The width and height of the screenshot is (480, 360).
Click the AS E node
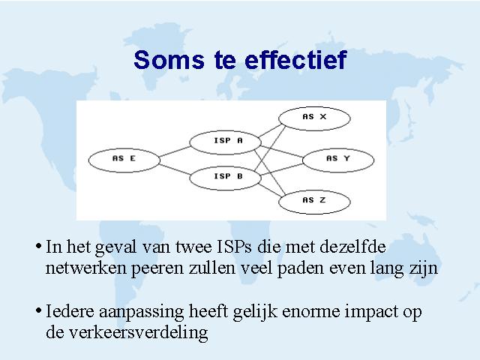tap(124, 160)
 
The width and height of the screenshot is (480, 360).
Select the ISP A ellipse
tap(225, 142)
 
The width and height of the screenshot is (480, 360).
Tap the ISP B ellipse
tap(225, 178)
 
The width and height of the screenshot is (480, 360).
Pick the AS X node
tap(314, 118)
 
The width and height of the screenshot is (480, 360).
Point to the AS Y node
tap(338, 160)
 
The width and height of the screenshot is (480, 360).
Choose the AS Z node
tap(314, 202)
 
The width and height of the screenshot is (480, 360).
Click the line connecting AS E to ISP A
tap(175, 151)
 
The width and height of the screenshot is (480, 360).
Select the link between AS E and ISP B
tap(175, 169)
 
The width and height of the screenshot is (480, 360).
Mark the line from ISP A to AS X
tap(270, 130)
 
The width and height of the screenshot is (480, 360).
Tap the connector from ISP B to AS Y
tap(282, 169)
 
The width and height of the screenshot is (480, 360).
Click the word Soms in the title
tap(169, 60)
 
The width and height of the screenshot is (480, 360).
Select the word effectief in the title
tap(295, 59)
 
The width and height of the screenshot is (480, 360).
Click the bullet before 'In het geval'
tap(38, 246)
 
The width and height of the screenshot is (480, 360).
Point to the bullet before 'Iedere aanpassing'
tap(38, 310)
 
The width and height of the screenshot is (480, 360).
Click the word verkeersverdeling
tap(127, 332)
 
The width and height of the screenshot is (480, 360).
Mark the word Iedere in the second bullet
tap(70, 311)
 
